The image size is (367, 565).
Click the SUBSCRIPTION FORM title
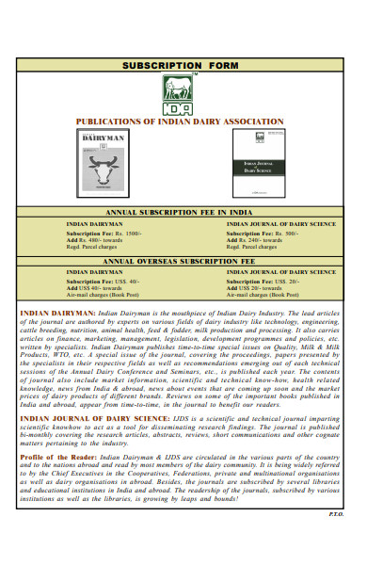tap(183, 66)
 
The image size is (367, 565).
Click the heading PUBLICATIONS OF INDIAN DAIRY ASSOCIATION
tap(180, 122)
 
